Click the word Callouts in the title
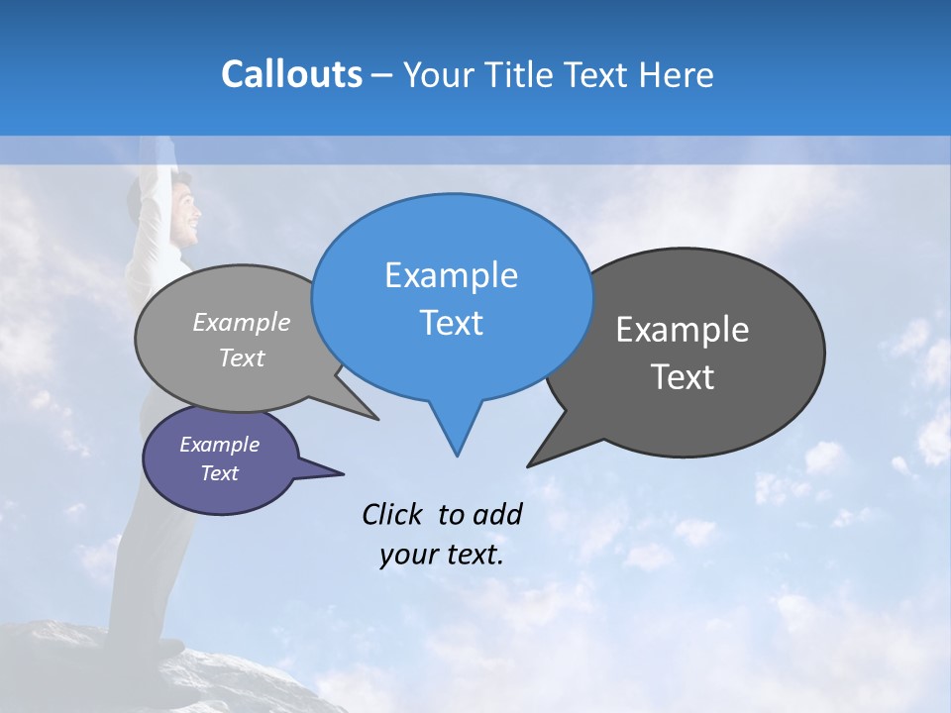(291, 74)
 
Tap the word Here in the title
(677, 74)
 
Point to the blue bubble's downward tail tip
(457, 455)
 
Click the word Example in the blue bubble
(451, 275)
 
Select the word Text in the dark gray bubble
(683, 377)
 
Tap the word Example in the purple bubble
(219, 445)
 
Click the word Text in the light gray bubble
(242, 358)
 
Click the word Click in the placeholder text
(393, 514)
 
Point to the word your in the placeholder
(408, 556)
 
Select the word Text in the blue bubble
(451, 323)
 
